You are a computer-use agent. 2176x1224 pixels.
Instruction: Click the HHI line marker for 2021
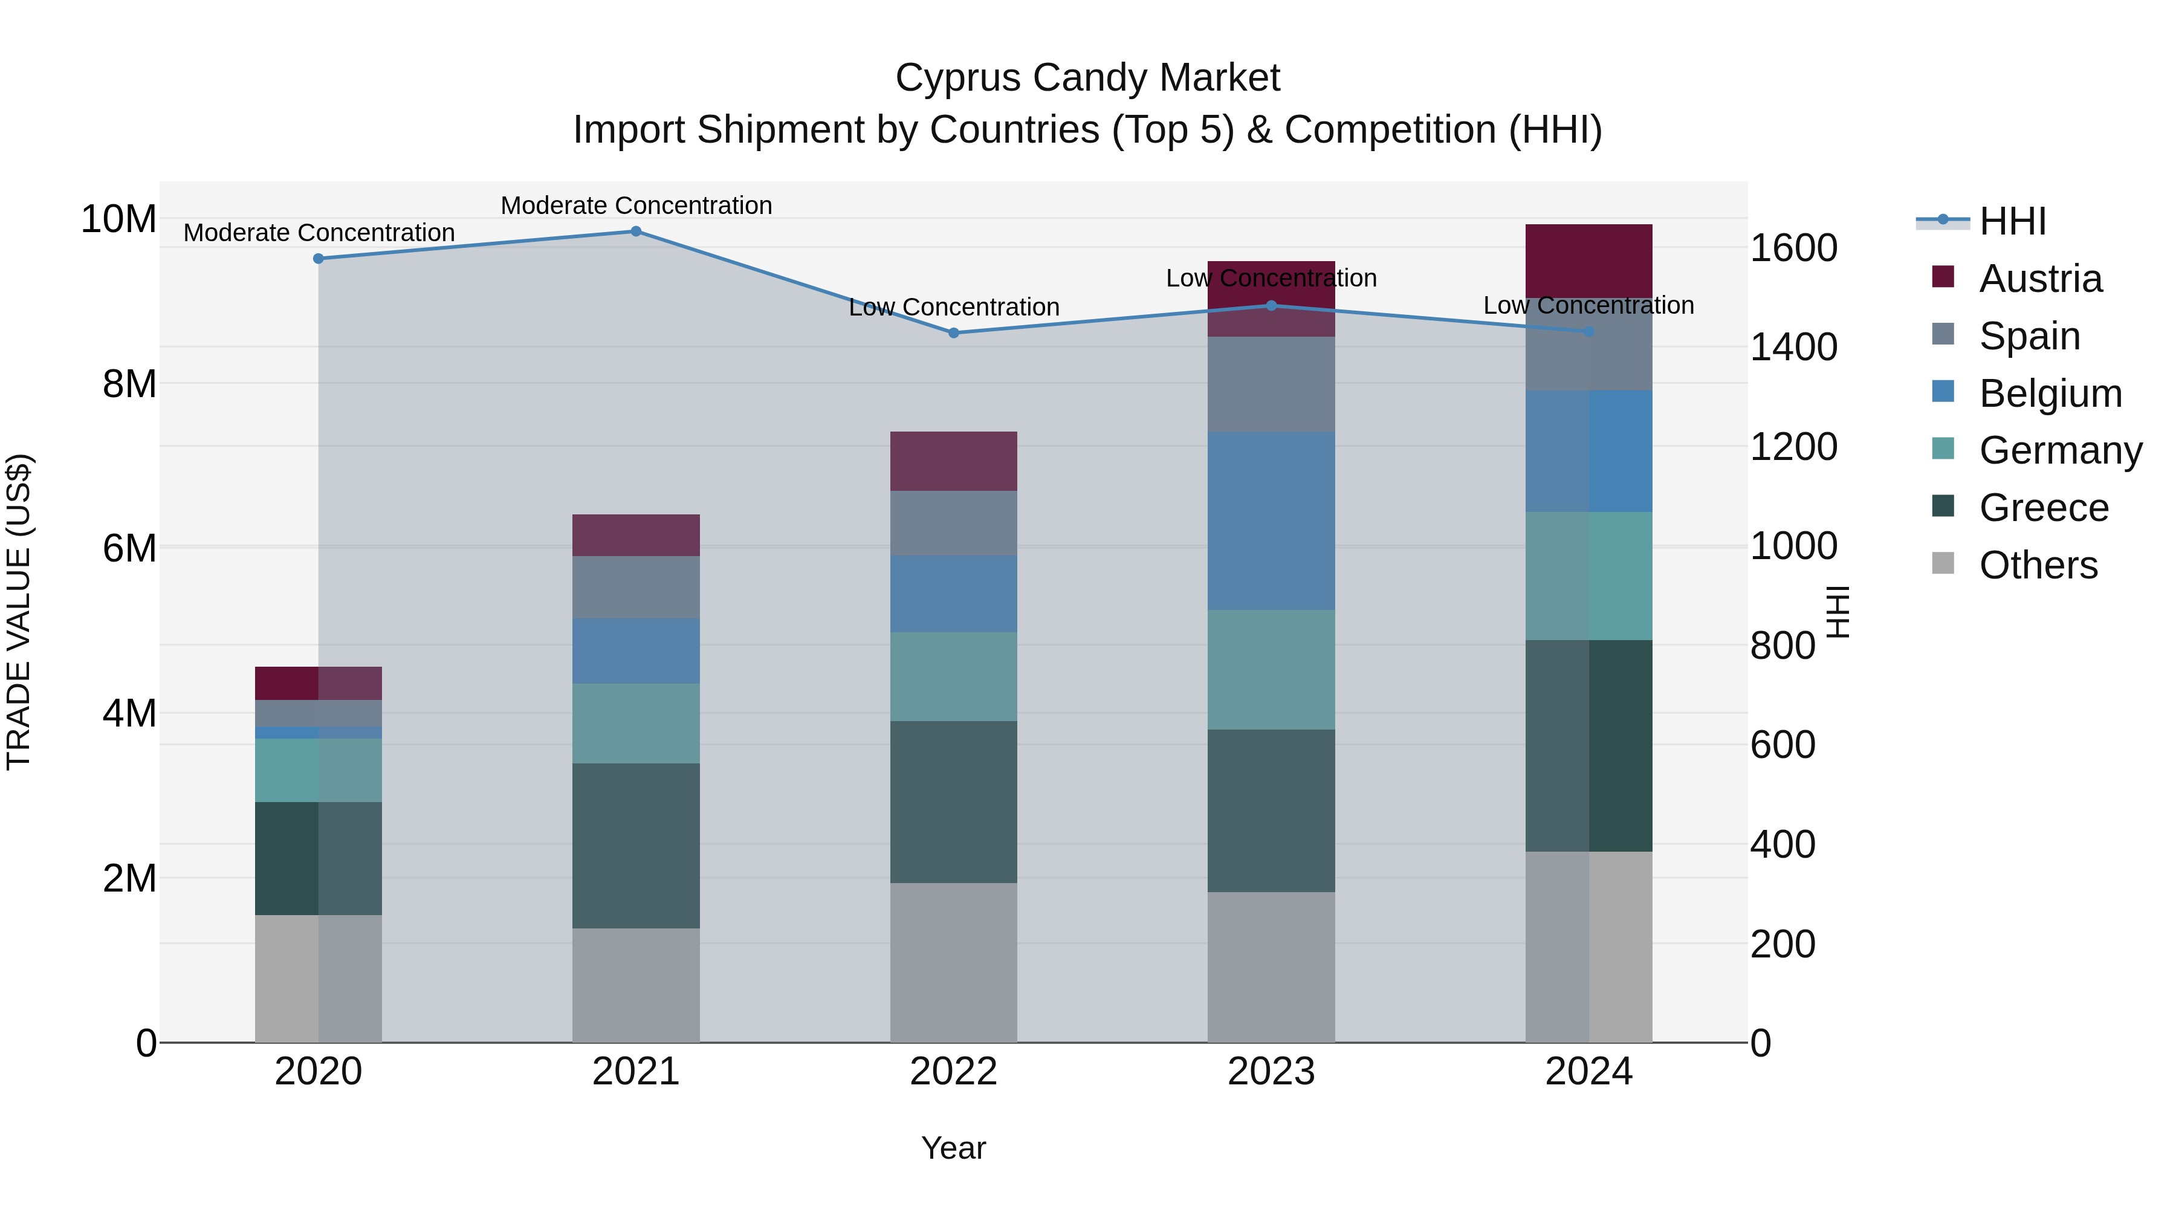tap(636, 232)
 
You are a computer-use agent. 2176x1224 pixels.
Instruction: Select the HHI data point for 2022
tap(954, 333)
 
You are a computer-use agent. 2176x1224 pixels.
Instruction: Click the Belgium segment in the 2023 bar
tap(1271, 521)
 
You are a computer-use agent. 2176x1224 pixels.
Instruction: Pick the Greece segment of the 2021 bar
tap(636, 846)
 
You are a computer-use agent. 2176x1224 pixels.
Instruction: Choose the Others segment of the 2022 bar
tap(954, 962)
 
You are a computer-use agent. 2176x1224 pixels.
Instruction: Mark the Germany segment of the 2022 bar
tap(954, 676)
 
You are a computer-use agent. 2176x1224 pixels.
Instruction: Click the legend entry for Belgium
tap(2050, 393)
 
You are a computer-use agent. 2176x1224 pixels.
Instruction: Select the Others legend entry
tap(2038, 565)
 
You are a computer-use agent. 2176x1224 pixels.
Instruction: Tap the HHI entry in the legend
tap(2012, 221)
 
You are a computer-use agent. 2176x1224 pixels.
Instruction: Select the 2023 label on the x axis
tap(1271, 1072)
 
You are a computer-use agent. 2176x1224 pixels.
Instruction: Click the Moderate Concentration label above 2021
tap(636, 206)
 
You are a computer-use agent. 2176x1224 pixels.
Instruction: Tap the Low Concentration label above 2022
tap(954, 308)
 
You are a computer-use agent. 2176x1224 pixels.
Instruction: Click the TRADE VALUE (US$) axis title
tap(19, 612)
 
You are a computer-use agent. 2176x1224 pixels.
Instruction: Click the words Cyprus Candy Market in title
tap(1087, 78)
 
